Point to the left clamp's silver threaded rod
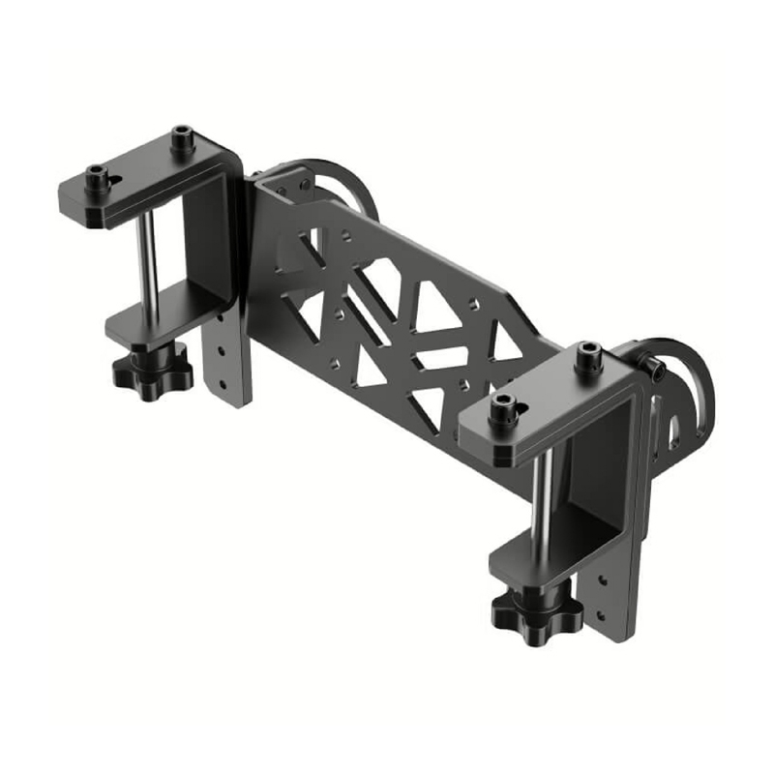tap(149, 261)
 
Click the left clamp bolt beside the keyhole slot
tap(97, 177)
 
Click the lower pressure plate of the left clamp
tap(155, 324)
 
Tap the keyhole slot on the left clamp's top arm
tap(114, 181)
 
